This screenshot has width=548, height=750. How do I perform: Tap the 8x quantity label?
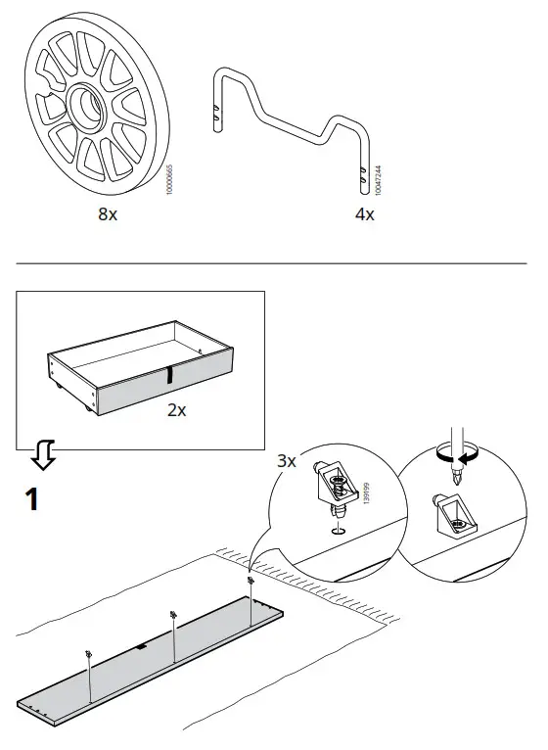coord(108,214)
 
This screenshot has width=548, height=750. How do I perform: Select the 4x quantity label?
coord(364,214)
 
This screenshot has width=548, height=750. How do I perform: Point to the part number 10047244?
coord(379,183)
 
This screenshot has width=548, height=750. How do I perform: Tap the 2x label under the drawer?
coord(176,410)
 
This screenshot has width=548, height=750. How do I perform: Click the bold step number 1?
coord(32,500)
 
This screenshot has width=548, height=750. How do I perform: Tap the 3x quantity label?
coord(284,459)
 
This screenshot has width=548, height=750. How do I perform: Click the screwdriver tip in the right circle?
coord(455,481)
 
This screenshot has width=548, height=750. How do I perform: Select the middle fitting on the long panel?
coord(172,615)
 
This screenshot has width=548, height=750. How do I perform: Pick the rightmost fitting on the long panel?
coord(251,582)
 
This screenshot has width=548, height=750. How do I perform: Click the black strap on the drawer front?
coord(169,375)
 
